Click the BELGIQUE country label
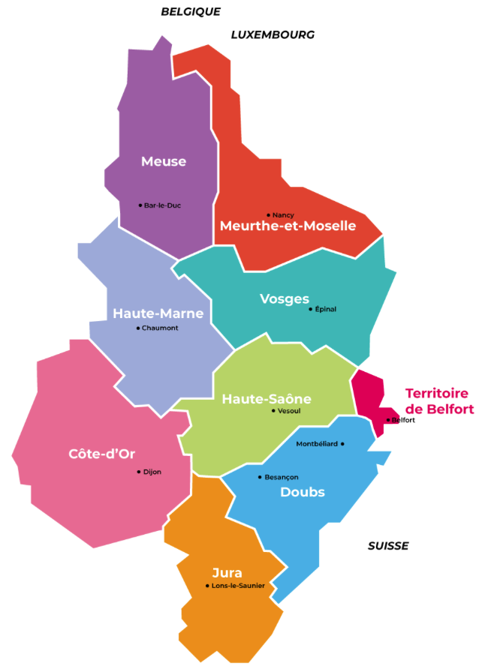click(191, 11)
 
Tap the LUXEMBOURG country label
click(273, 34)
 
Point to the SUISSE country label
click(388, 546)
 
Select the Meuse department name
click(164, 161)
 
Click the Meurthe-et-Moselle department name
click(288, 226)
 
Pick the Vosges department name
click(285, 299)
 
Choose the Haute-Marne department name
click(158, 313)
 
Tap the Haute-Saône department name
click(267, 399)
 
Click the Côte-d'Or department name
click(101, 454)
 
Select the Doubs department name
click(303, 492)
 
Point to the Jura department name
click(227, 573)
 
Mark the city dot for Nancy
click(268, 214)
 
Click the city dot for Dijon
click(139, 472)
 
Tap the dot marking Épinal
click(310, 309)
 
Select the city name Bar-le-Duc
click(162, 205)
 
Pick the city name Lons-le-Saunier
click(238, 586)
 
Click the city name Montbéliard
click(317, 444)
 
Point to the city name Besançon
click(282, 477)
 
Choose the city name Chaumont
click(160, 328)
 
